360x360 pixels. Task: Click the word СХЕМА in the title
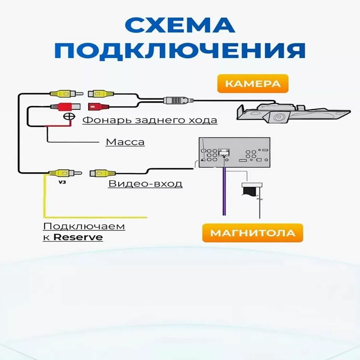click(180, 26)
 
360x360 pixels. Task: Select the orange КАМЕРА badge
click(252, 84)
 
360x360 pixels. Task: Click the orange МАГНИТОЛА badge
click(252, 233)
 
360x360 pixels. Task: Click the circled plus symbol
click(68, 116)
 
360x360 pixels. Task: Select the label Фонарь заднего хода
click(150, 120)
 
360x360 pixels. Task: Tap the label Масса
click(125, 142)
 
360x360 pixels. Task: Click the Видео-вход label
click(145, 184)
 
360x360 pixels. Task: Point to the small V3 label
click(62, 183)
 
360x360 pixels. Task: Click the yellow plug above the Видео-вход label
click(102, 173)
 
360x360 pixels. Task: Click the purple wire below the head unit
click(224, 192)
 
